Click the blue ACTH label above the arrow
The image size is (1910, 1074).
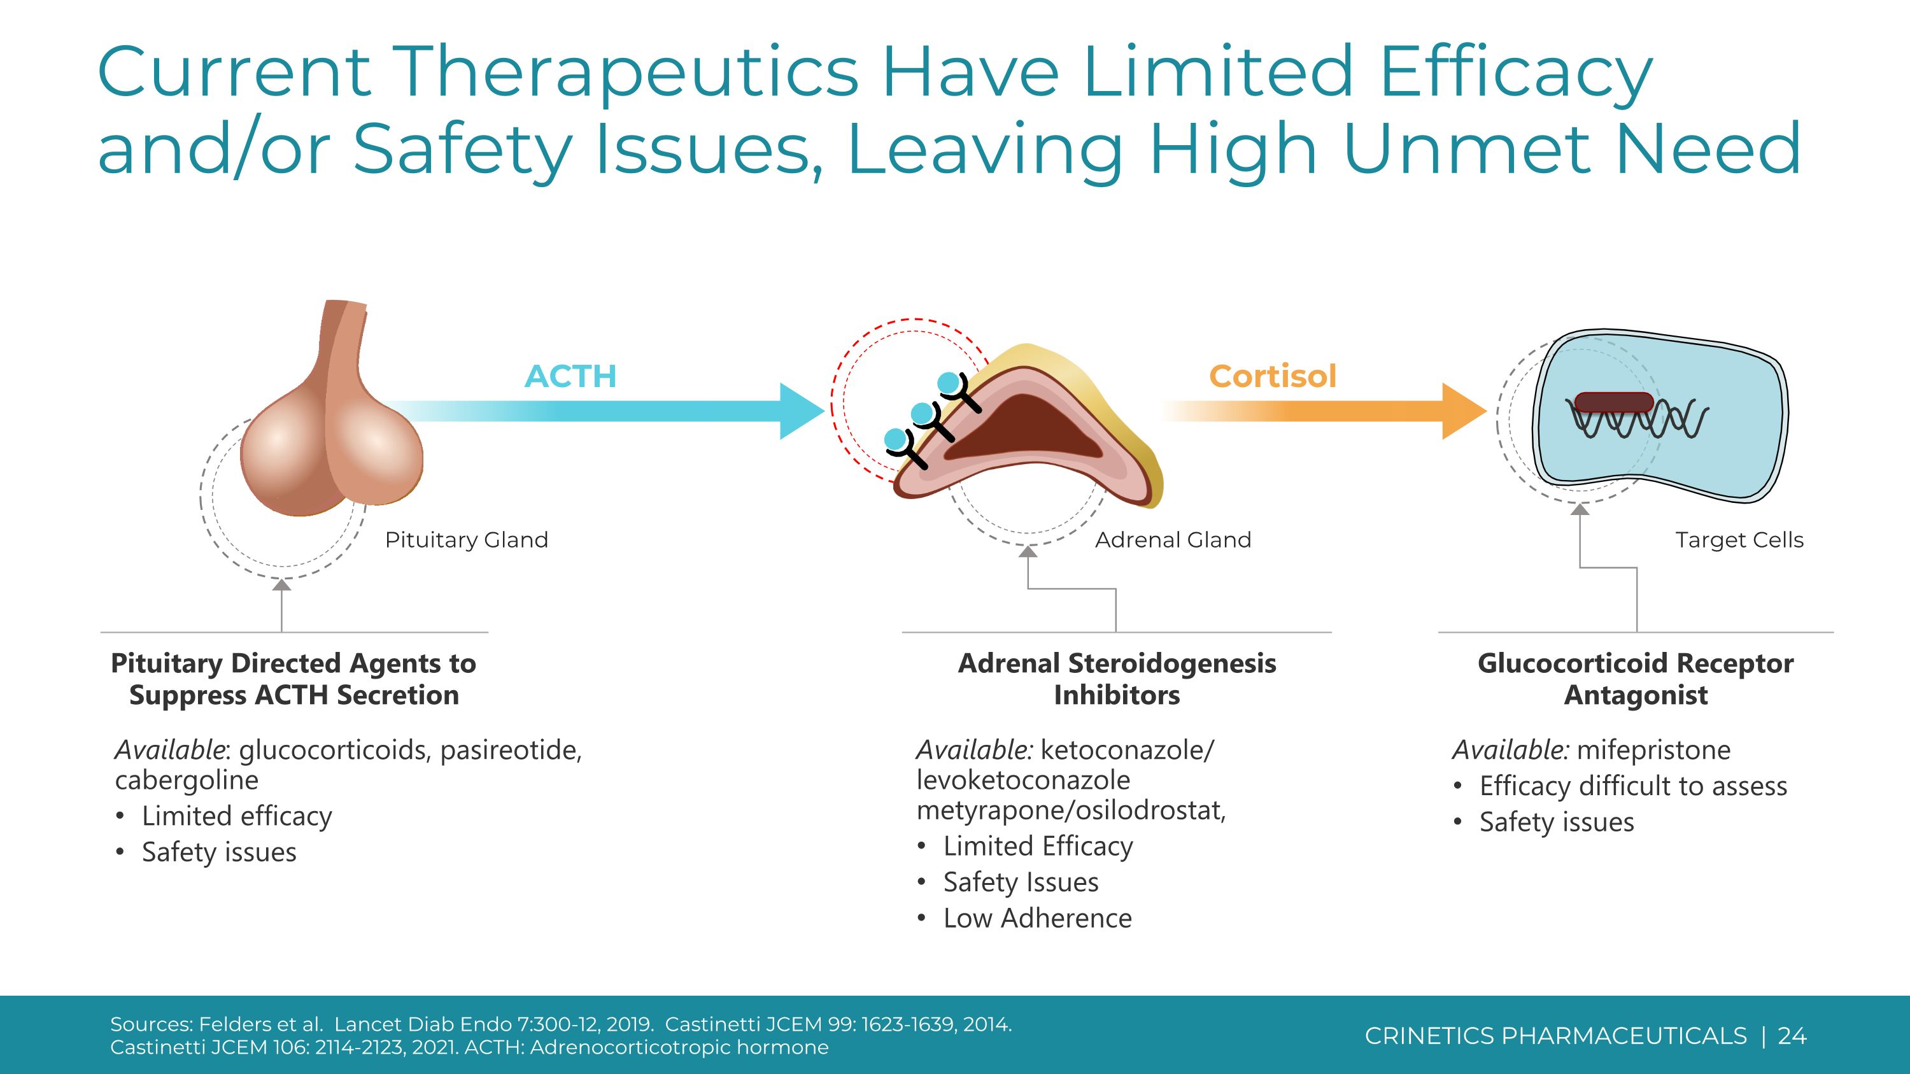(570, 376)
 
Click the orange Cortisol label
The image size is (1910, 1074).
(1272, 376)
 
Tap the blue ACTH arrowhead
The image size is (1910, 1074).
(802, 411)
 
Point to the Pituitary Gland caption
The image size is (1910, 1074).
(467, 540)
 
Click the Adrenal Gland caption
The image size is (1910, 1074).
(1173, 540)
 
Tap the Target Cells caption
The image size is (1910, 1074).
(1739, 540)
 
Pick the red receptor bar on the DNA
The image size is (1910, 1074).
(1613, 402)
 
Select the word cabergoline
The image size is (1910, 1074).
(187, 781)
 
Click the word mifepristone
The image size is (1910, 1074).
(1653, 750)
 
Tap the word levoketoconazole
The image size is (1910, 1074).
(1023, 781)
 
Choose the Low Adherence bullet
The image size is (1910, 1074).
(1036, 919)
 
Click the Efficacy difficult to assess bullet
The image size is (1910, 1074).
(1632, 786)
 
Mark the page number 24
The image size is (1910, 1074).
(1792, 1035)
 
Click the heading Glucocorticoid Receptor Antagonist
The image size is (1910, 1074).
(1635, 679)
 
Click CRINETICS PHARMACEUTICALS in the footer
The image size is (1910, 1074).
(1555, 1035)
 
